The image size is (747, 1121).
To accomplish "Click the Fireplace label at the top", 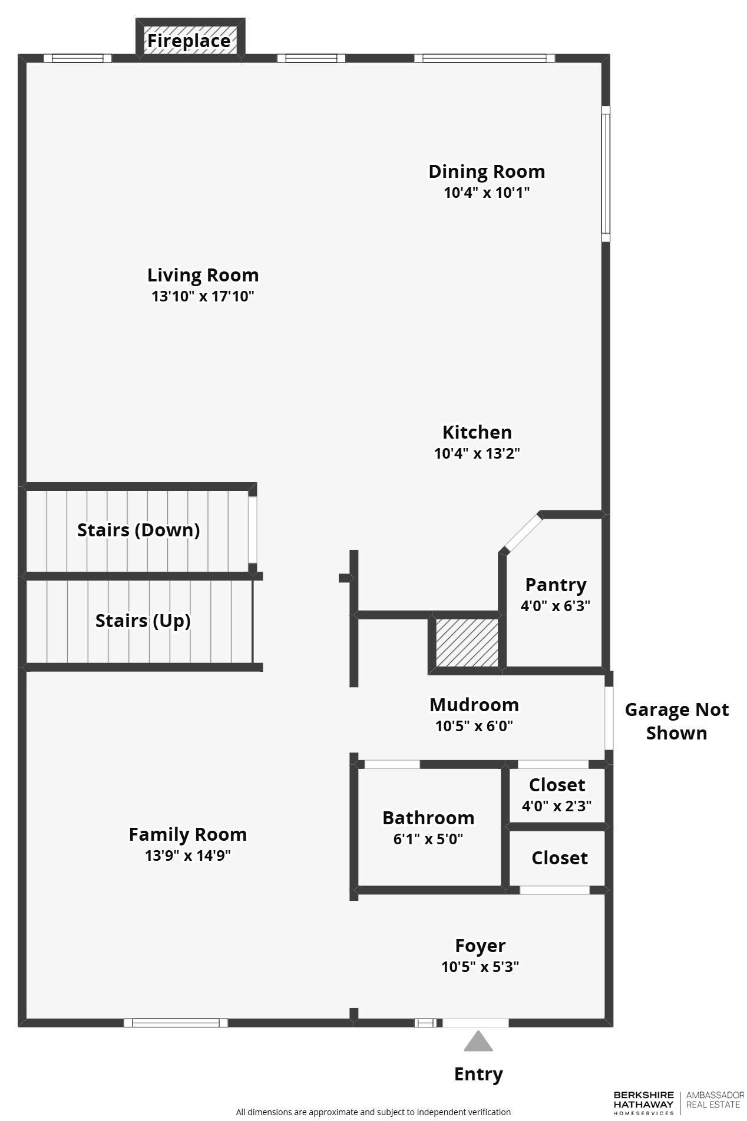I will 189,41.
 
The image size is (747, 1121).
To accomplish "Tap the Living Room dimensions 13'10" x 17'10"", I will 203,296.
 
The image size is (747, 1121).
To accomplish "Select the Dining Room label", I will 486,171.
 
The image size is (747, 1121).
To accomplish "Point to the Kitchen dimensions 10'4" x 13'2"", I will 477,453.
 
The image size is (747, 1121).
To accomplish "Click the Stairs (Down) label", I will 138,530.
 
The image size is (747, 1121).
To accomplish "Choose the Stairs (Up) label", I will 143,621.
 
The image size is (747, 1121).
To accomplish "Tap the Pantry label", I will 556,585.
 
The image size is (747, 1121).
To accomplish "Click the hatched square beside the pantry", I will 467,642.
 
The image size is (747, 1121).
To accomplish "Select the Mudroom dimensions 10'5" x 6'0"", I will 474,726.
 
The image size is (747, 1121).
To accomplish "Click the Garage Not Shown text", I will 676,721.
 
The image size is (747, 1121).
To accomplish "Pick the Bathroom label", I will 428,818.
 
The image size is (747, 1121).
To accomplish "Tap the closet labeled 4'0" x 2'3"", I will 557,795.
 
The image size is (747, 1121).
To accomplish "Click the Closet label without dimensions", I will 559,858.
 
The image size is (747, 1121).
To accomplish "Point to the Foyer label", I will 480,946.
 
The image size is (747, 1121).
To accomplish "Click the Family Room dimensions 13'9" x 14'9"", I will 187,855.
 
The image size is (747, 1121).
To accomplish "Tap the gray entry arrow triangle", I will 478,1042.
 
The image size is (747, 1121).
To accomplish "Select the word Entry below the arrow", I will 478,1074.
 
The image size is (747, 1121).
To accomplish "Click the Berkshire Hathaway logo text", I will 643,1102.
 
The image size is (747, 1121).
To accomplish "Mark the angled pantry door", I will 522,532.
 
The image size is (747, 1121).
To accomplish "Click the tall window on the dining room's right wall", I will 605,174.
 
